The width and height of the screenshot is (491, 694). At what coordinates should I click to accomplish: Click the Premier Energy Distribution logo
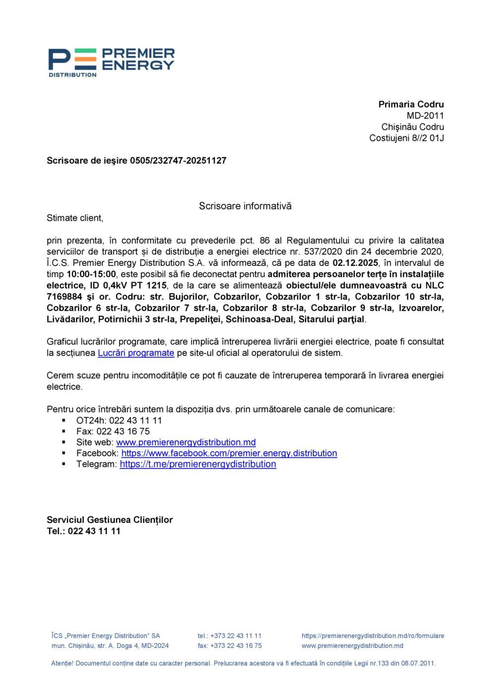(x=111, y=62)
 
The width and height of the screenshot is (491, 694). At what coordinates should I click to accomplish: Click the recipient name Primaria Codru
(x=411, y=104)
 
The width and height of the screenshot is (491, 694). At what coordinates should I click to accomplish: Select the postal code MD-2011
(x=425, y=116)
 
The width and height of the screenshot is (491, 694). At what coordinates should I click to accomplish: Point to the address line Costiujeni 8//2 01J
(x=406, y=138)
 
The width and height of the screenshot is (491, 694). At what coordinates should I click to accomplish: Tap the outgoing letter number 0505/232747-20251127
(x=178, y=161)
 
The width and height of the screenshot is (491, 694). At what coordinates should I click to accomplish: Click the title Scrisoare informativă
(x=245, y=206)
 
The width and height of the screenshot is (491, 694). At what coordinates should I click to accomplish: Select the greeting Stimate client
(x=75, y=218)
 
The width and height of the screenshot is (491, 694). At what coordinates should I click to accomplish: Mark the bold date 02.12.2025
(x=355, y=263)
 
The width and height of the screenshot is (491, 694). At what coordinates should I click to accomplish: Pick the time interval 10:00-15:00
(x=91, y=274)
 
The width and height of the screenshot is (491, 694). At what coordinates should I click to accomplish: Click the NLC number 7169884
(x=64, y=297)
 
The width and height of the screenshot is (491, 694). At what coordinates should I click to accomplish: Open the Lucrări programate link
(x=136, y=353)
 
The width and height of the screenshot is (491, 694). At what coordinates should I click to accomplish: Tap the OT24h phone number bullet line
(x=119, y=420)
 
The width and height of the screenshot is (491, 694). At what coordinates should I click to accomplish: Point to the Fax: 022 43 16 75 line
(x=113, y=431)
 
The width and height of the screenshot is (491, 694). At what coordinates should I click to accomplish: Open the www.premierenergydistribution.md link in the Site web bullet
(x=186, y=442)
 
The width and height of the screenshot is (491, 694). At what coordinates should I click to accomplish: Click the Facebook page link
(x=229, y=453)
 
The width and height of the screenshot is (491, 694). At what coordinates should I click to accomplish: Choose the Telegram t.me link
(x=198, y=464)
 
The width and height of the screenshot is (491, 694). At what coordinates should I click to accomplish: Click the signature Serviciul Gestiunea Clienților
(x=110, y=520)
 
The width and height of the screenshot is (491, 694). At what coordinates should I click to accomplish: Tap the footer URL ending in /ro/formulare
(x=372, y=635)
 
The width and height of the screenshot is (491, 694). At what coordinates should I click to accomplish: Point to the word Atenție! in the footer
(x=62, y=663)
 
